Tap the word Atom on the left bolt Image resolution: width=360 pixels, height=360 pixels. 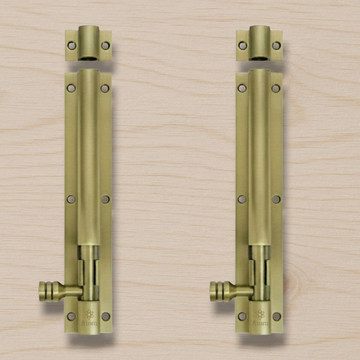pyautogui.click(x=89, y=323)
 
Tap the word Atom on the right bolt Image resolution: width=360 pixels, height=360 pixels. pyautogui.click(x=260, y=323)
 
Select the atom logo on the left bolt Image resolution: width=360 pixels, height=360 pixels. pyautogui.click(x=89, y=314)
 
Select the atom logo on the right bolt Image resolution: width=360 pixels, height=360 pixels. pyautogui.click(x=260, y=314)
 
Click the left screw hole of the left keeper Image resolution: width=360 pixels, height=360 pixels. pyautogui.click(x=72, y=46)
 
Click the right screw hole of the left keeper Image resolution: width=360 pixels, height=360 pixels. pyautogui.click(x=105, y=46)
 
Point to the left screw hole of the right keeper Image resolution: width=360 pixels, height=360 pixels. pyautogui.click(x=243, y=46)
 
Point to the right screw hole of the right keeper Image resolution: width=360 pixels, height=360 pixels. pyautogui.click(x=276, y=46)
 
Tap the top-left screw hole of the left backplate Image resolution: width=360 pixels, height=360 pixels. pyautogui.click(x=71, y=88)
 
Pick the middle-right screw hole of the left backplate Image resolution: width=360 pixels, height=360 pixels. pyautogui.click(x=105, y=199)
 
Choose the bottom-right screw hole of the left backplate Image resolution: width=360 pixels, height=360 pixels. pyautogui.click(x=105, y=316)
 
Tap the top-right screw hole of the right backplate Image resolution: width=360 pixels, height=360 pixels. pyautogui.click(x=276, y=88)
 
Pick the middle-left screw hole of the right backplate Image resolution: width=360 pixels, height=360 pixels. pyautogui.click(x=242, y=199)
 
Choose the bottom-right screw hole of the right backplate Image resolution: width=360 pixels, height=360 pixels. pyautogui.click(x=276, y=316)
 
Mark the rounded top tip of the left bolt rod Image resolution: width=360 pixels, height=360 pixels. pyautogui.click(x=88, y=71)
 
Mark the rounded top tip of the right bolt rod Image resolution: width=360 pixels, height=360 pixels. pyautogui.click(x=259, y=71)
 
